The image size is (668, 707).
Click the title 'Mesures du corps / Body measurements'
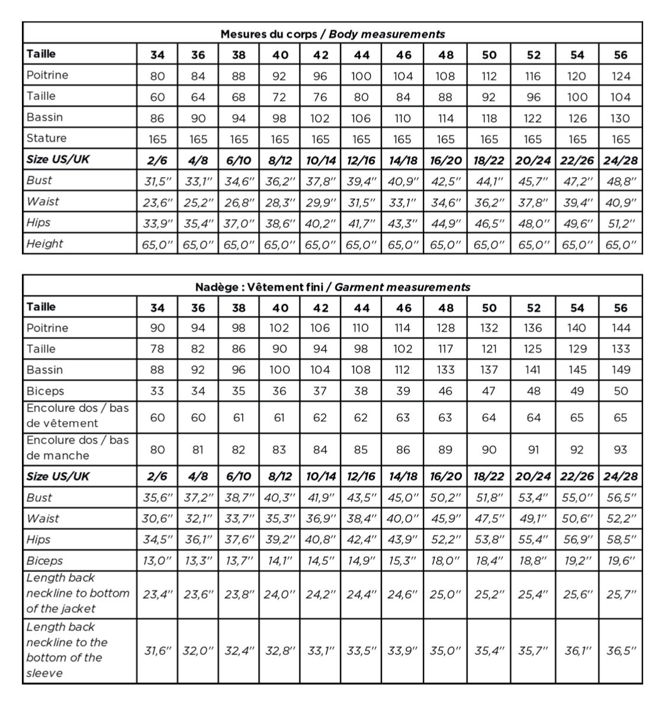click(x=332, y=34)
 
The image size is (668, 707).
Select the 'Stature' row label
click(x=47, y=139)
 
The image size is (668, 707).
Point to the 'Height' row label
click(x=44, y=243)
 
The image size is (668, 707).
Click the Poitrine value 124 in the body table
click(x=621, y=76)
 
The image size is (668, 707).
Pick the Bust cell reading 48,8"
click(x=621, y=181)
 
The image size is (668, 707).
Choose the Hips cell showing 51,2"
click(x=621, y=223)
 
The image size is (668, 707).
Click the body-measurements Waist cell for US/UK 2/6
click(x=158, y=203)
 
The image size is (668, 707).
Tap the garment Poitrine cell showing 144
click(x=621, y=328)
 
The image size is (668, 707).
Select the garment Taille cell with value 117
click(x=445, y=349)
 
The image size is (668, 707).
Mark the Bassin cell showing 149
click(x=621, y=370)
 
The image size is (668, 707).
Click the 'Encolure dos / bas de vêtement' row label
click(x=78, y=416)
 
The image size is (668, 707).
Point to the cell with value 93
click(x=621, y=449)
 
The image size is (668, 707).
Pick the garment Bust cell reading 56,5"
click(x=621, y=498)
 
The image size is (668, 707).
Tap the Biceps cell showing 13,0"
click(x=158, y=561)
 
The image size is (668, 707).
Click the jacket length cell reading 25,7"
click(x=621, y=594)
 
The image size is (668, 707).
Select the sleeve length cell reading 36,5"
click(x=621, y=650)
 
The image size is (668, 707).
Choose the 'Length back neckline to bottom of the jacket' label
click(x=78, y=593)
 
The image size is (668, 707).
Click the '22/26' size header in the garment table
click(x=577, y=477)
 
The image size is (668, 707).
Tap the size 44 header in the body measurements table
click(x=361, y=55)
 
